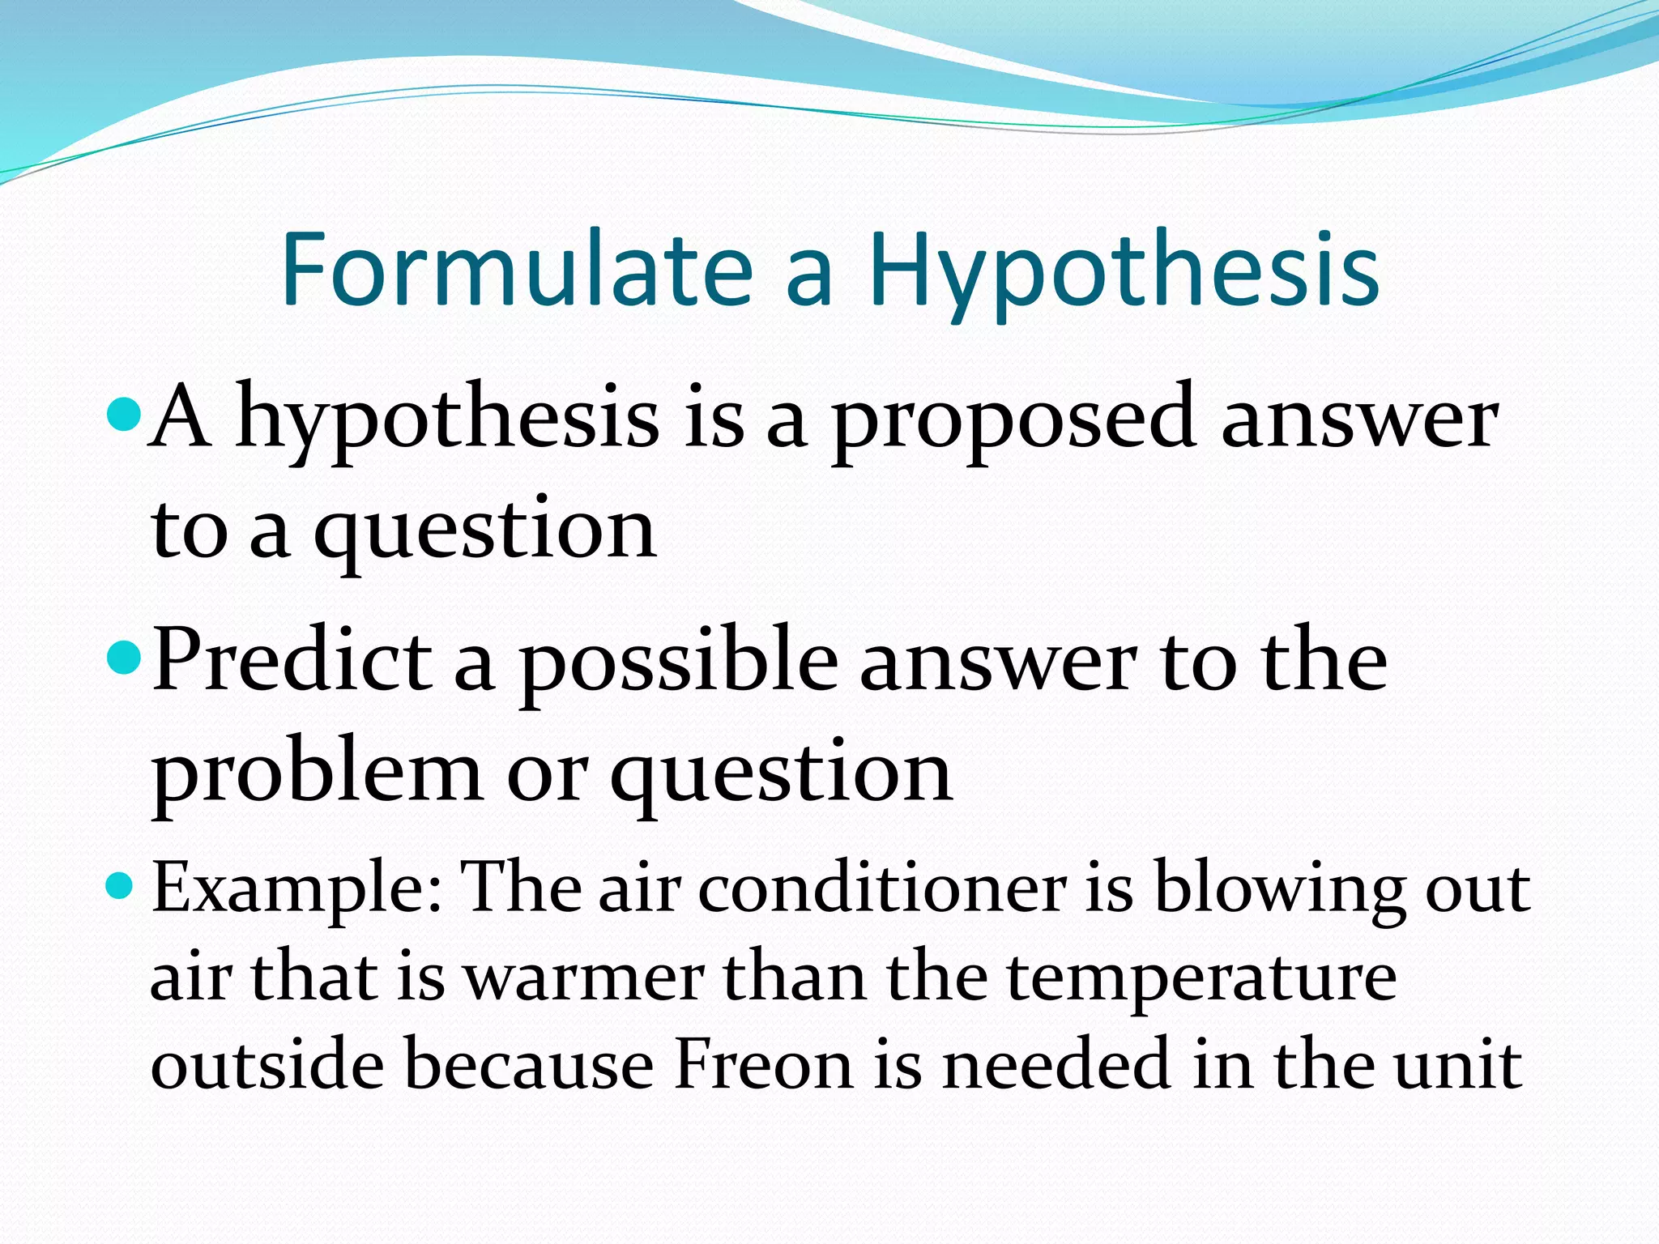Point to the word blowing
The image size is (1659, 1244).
pyautogui.click(x=1279, y=889)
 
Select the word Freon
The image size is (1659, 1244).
pyautogui.click(x=763, y=1064)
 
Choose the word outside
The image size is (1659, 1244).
pyautogui.click(x=267, y=1064)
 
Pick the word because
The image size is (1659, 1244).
pyautogui.click(x=528, y=1064)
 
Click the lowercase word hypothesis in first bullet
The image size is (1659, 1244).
pyautogui.click(x=447, y=421)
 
